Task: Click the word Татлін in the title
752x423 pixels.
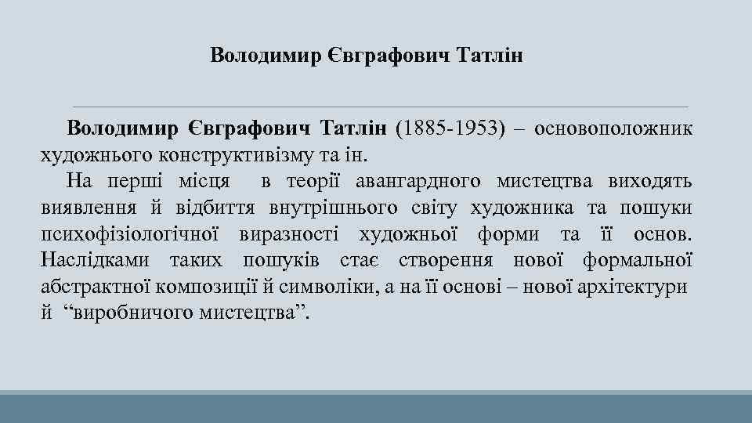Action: coord(486,56)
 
